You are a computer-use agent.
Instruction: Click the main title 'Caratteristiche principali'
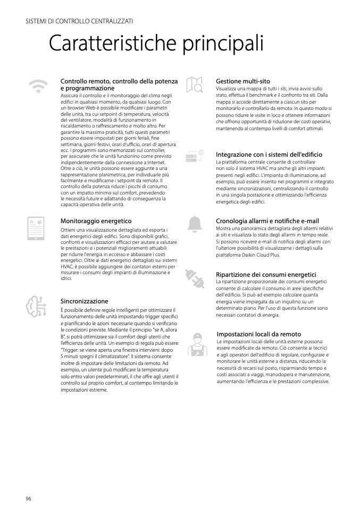coord(156,44)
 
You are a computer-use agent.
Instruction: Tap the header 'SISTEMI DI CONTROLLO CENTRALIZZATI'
coord(79,21)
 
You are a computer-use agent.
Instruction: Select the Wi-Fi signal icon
coord(38,86)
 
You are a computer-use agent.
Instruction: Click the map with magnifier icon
coord(194,85)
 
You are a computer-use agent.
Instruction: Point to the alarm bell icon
coord(195,224)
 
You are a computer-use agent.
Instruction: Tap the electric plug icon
coord(194,278)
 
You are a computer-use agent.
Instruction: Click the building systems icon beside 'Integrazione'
coord(195,156)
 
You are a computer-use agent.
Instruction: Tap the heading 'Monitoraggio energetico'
coord(96,220)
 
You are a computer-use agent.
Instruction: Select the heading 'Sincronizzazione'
coord(85,301)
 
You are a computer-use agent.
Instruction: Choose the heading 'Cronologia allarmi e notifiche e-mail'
coord(267,220)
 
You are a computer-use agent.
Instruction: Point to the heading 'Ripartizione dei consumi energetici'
coord(266,274)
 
